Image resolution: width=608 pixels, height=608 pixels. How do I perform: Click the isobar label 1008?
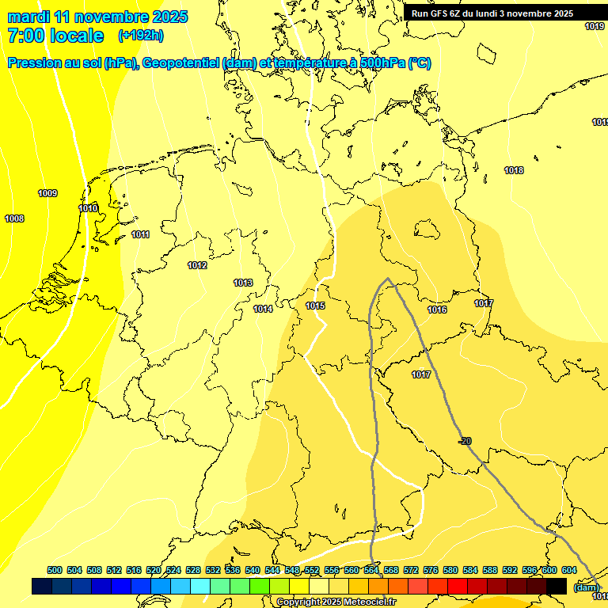[x=14, y=218]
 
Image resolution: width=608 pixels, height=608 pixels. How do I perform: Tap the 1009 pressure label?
[x=47, y=193]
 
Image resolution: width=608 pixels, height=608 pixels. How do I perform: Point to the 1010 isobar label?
[x=88, y=208]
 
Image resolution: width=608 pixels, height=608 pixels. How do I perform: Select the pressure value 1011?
[x=141, y=234]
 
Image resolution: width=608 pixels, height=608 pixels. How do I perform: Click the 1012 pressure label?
[x=197, y=265]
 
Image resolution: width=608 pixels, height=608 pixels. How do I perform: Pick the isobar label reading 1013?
[x=243, y=283]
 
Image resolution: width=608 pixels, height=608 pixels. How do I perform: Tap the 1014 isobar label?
[x=263, y=309]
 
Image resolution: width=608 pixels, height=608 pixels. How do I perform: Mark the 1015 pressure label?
[x=315, y=306]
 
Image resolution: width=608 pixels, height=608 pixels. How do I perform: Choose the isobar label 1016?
[x=437, y=310]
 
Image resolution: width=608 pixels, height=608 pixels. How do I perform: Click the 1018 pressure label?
[x=514, y=170]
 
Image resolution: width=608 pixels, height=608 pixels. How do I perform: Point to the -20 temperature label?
[x=465, y=441]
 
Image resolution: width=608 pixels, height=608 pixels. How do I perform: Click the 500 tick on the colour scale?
[x=55, y=570]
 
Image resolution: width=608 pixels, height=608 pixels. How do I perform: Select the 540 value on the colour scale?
[x=253, y=570]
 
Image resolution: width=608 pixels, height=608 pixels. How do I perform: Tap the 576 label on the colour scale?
[x=431, y=570]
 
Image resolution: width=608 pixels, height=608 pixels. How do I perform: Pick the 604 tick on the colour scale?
[x=569, y=570]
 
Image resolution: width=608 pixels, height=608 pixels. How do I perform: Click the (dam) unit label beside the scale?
[x=586, y=587]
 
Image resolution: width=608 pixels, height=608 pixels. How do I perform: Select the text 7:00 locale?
[x=55, y=36]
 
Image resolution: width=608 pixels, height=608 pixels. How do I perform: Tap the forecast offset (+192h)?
[x=141, y=36]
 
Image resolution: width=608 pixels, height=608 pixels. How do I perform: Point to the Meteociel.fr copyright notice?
[x=336, y=602]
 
